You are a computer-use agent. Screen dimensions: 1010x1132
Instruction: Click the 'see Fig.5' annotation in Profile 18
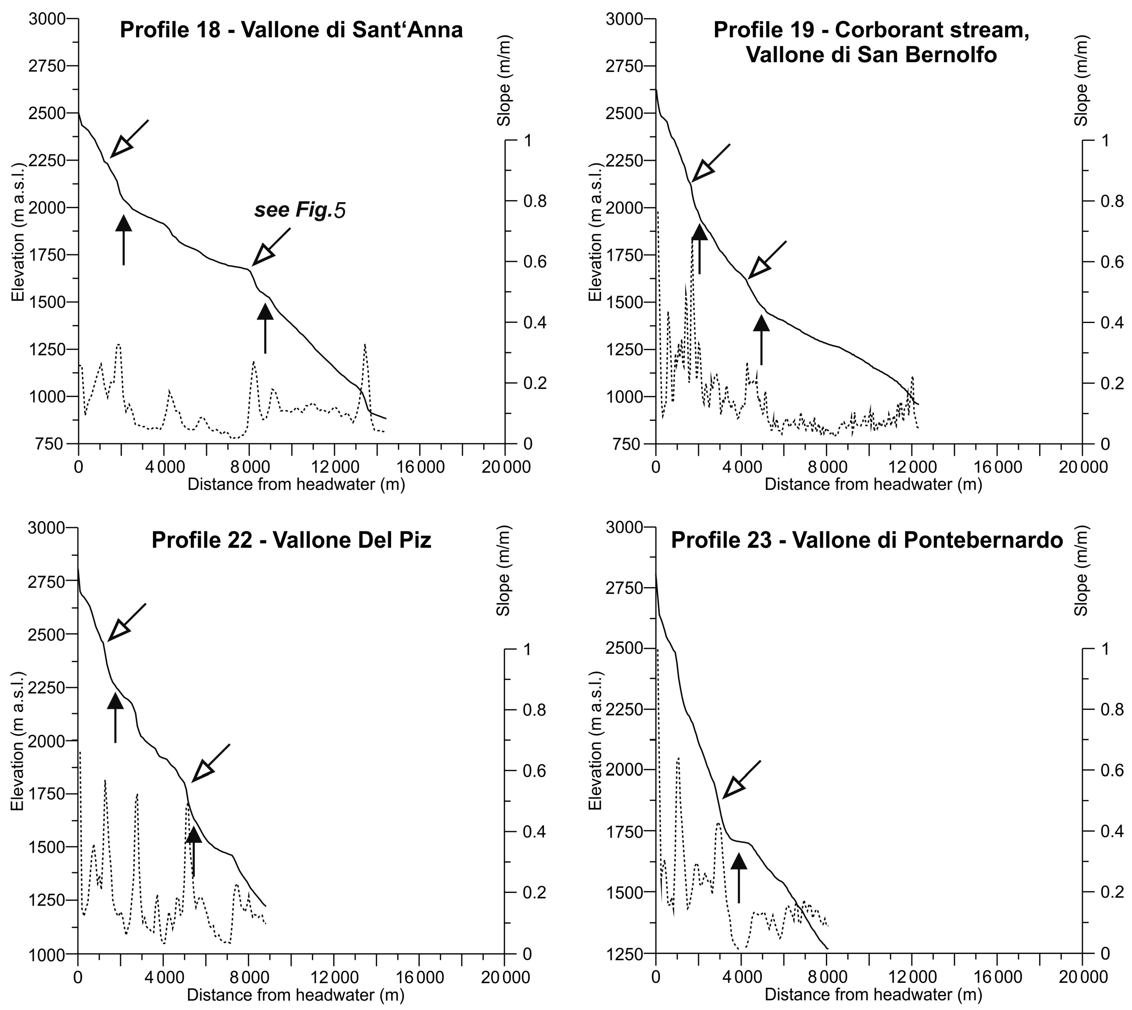click(300, 210)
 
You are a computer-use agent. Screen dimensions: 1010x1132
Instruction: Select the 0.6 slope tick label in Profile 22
click(535, 771)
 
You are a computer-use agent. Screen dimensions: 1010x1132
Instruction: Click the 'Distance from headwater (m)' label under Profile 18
click(296, 484)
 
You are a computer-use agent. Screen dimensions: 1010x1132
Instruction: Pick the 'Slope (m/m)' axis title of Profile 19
click(1080, 81)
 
